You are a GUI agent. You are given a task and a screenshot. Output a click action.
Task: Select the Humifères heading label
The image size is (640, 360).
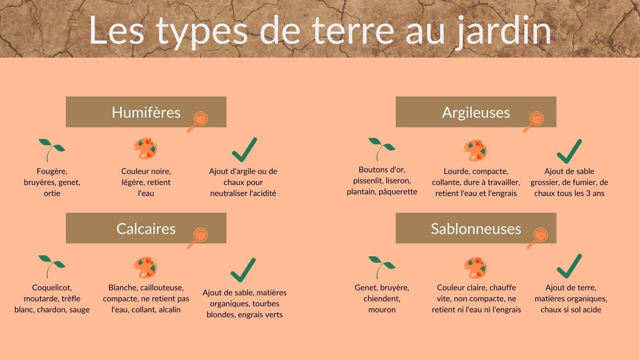pos(146,112)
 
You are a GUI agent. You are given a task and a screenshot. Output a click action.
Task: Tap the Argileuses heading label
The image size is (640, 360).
pos(476,113)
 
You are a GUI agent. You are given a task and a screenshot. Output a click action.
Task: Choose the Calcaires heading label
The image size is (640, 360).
pos(146,229)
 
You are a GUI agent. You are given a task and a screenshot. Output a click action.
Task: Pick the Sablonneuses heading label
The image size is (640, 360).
pos(476,229)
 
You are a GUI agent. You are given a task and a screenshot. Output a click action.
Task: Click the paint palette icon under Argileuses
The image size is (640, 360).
pos(475,150)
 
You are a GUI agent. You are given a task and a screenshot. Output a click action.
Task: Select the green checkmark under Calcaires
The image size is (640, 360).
pos(243,270)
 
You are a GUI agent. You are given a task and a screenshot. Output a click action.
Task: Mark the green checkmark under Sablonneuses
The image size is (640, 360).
pos(569,266)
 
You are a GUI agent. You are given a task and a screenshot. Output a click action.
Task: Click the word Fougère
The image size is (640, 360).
pos(52,171)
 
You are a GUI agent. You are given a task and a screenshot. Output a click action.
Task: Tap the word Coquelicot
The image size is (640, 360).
pos(52,288)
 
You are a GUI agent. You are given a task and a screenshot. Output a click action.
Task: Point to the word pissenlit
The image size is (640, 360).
pos(368,181)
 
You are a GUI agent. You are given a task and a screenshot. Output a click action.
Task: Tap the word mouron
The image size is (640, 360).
pos(382,310)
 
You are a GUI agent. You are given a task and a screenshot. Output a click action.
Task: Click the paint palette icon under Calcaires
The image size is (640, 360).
pos(145,268)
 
